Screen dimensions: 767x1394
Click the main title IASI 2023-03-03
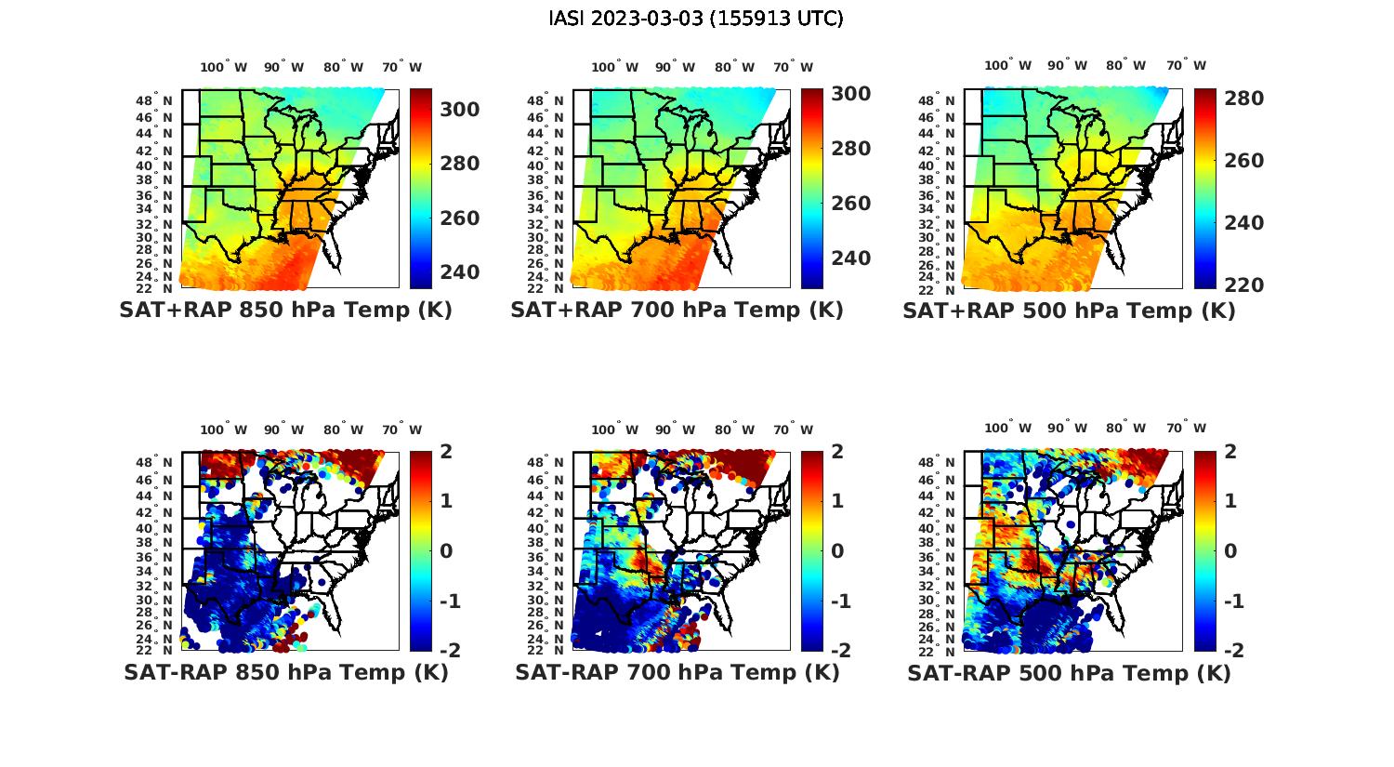(696, 19)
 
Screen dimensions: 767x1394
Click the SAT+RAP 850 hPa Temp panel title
(285, 311)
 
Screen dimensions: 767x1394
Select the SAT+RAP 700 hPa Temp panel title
(677, 311)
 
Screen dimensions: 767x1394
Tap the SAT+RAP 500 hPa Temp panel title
(1069, 311)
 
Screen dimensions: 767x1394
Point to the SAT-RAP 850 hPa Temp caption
(286, 672)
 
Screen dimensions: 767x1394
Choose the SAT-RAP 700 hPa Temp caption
(677, 672)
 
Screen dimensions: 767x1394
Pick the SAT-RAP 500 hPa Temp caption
(1070, 673)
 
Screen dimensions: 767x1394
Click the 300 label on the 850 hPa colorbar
(460, 110)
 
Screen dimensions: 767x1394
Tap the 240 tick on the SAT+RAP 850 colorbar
(460, 272)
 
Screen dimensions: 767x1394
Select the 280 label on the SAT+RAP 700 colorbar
(851, 149)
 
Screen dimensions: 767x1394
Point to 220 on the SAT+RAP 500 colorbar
(1243, 285)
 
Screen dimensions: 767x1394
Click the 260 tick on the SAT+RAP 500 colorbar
(1243, 161)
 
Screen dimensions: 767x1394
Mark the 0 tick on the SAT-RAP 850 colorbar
(446, 550)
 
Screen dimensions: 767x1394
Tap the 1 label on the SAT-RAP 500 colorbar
(1230, 501)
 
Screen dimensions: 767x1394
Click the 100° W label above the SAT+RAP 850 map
(224, 67)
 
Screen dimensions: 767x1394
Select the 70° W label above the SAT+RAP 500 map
(1187, 66)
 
